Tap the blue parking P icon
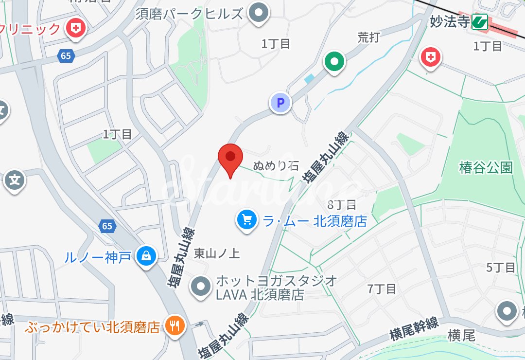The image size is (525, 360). [280, 103]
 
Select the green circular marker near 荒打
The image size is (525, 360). [334, 62]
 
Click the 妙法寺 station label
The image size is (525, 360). [450, 22]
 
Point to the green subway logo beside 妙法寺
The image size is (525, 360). [480, 22]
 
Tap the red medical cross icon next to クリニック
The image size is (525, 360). [75, 28]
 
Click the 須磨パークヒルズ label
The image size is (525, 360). [189, 14]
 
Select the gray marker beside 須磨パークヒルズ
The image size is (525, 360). [259, 12]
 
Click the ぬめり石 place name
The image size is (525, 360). [276, 166]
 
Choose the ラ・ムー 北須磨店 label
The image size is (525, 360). [315, 221]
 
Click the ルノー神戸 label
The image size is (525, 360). [97, 256]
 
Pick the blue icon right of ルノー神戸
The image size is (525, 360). [146, 255]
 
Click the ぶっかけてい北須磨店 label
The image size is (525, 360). [92, 326]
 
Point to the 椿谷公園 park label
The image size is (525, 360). [486, 168]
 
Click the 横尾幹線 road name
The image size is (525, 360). [414, 329]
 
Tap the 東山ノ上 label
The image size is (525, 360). [217, 253]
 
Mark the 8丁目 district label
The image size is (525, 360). [342, 204]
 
